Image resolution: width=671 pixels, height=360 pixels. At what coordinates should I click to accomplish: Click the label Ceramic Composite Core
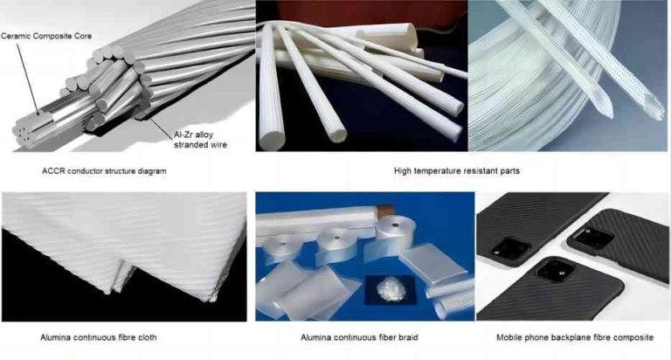click(x=45, y=36)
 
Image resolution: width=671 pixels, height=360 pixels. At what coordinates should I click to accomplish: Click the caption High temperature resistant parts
click(x=457, y=170)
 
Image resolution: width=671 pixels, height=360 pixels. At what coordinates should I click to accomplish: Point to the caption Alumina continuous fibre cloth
click(x=99, y=336)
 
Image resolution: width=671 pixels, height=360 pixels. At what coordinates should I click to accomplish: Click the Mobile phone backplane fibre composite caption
click(x=574, y=336)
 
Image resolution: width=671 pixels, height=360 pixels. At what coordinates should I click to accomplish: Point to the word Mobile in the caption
click(x=511, y=336)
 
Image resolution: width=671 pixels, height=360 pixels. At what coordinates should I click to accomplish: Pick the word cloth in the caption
click(x=147, y=336)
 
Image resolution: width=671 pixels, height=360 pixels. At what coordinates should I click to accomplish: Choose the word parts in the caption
click(x=509, y=170)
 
